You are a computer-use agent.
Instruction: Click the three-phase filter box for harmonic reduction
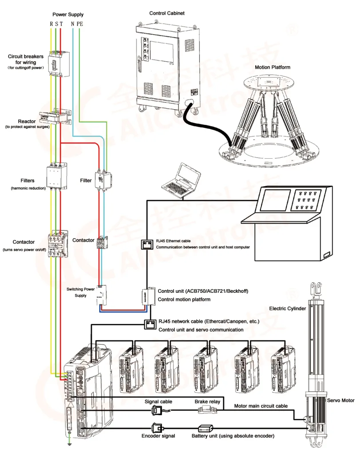tap(56, 176)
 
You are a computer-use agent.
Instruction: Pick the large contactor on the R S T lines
tap(57, 244)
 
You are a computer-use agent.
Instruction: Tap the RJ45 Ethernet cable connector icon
tap(147, 244)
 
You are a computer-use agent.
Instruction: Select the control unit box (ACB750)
tap(147, 296)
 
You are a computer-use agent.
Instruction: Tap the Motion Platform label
tap(272, 67)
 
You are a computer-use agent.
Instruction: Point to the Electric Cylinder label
tap(287, 308)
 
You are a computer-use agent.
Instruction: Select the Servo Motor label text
tap(340, 400)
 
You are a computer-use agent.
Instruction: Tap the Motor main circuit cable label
tap(261, 406)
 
